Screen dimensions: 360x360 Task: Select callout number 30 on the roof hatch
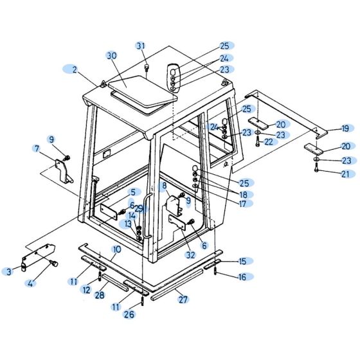tap(112, 56)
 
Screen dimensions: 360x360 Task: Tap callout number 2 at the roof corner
tap(75, 69)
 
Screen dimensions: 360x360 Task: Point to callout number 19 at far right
tap(345, 129)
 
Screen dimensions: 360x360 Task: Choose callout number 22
tap(269, 141)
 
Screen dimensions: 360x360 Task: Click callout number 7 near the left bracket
tap(37, 150)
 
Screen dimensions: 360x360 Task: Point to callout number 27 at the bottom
tap(183, 300)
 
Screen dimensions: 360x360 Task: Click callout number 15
tap(242, 261)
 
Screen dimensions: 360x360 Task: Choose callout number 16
tap(242, 277)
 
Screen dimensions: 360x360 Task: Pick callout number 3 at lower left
tap(9, 272)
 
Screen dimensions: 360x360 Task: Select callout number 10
tap(116, 249)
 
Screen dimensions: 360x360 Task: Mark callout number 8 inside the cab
tap(165, 186)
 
